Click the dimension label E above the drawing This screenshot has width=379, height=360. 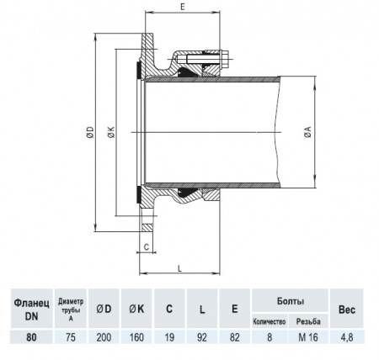(x=183, y=7)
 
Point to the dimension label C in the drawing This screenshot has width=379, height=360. (x=147, y=246)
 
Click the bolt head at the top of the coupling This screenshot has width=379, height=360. (x=227, y=59)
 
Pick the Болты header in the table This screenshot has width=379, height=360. (x=290, y=300)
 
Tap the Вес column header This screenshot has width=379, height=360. (x=346, y=308)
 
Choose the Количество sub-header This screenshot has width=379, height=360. (x=270, y=321)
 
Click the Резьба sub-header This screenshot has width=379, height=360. (x=308, y=321)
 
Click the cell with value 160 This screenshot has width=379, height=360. (x=136, y=337)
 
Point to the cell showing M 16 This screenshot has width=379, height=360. (x=308, y=337)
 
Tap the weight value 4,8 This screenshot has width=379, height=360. (x=346, y=337)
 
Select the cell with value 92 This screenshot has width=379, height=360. (x=203, y=337)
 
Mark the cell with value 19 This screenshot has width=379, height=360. (x=169, y=337)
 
